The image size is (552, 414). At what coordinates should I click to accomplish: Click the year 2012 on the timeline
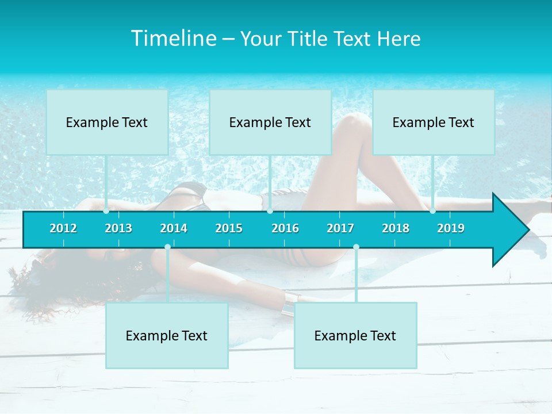pyautogui.click(x=63, y=228)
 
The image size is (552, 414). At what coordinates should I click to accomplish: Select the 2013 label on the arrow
pyautogui.click(x=118, y=228)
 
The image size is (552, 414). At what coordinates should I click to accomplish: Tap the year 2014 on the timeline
pyautogui.click(x=174, y=228)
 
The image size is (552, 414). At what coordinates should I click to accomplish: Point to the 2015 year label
pyautogui.click(x=229, y=228)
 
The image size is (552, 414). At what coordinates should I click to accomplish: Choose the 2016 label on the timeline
pyautogui.click(x=285, y=228)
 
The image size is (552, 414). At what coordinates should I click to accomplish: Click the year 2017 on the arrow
pyautogui.click(x=340, y=228)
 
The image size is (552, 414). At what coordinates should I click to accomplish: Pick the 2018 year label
pyautogui.click(x=396, y=228)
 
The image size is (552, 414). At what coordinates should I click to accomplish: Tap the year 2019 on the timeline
pyautogui.click(x=451, y=228)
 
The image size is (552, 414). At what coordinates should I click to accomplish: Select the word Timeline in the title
pyautogui.click(x=173, y=39)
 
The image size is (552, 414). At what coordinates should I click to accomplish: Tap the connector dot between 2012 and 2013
pyautogui.click(x=106, y=211)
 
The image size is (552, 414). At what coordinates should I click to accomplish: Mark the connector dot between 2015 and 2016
pyautogui.click(x=270, y=211)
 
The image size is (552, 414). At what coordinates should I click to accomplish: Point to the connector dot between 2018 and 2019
pyautogui.click(x=433, y=211)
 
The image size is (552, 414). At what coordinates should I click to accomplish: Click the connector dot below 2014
pyautogui.click(x=167, y=247)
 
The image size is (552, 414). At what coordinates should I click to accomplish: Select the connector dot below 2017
pyautogui.click(x=356, y=247)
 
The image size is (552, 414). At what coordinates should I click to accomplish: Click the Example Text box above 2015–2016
pyautogui.click(x=270, y=122)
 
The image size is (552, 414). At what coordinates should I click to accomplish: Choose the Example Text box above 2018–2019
pyautogui.click(x=434, y=122)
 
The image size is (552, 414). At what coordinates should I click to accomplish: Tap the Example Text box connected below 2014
pyautogui.click(x=167, y=336)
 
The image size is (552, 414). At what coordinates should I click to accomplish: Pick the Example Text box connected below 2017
pyautogui.click(x=355, y=336)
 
